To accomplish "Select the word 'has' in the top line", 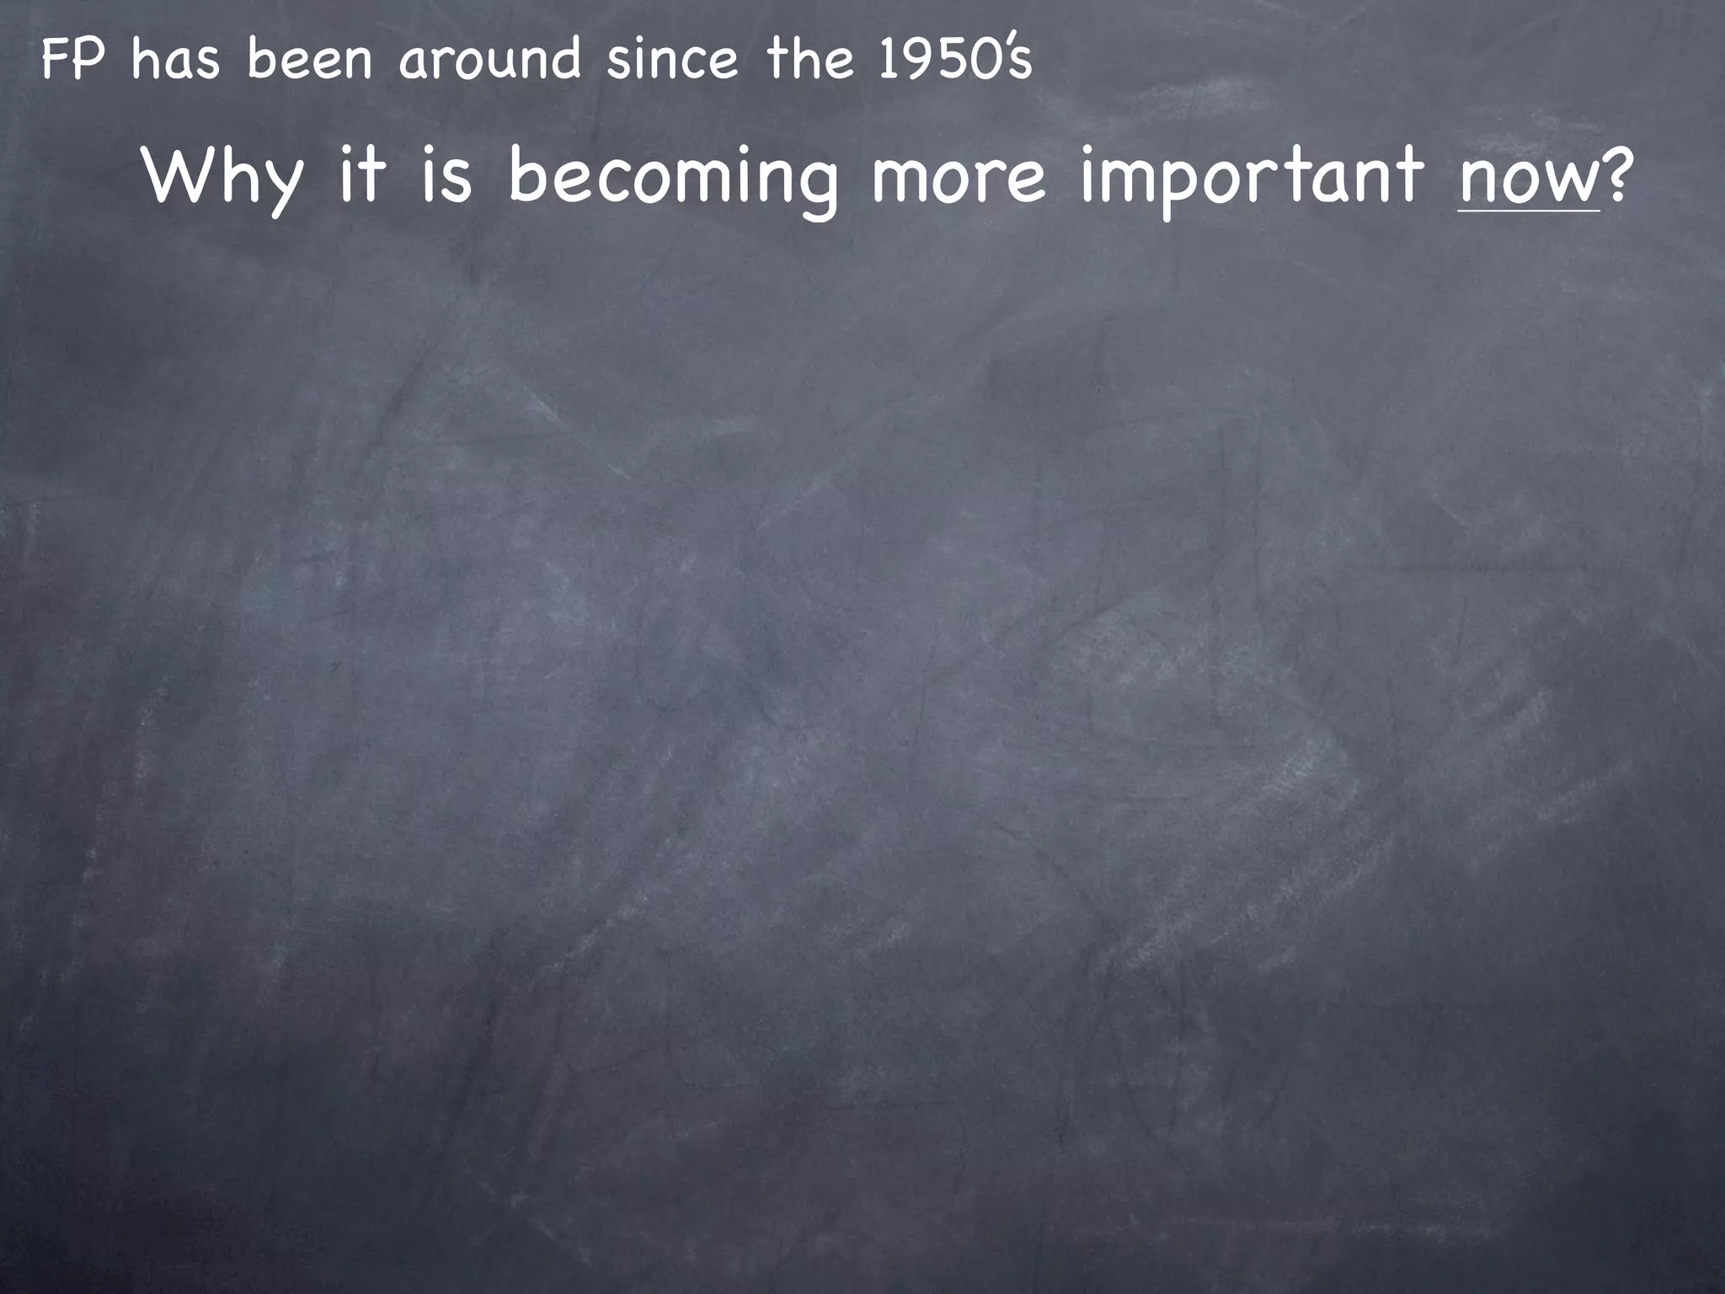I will tap(176, 61).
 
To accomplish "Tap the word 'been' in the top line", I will tap(310, 61).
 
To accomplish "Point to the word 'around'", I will tap(489, 61).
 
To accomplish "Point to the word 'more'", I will tap(959, 177).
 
